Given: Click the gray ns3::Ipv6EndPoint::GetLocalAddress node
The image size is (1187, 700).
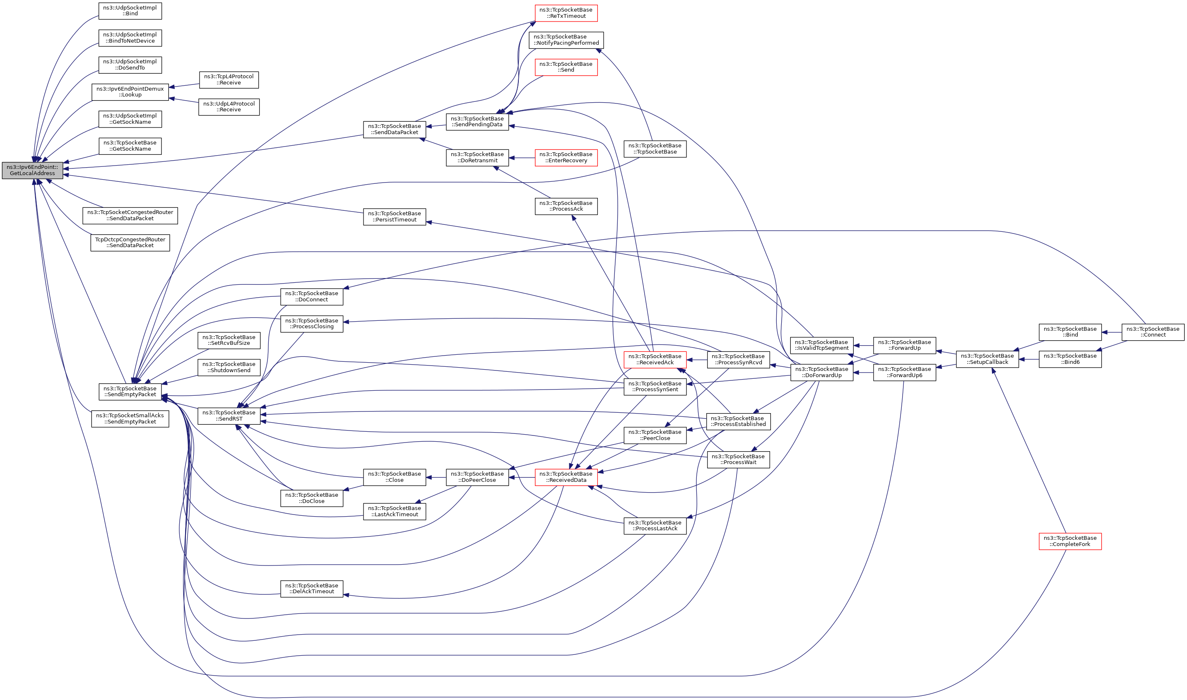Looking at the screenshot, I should click(x=32, y=170).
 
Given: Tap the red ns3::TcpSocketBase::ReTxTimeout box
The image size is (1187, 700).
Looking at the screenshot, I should click(x=566, y=13).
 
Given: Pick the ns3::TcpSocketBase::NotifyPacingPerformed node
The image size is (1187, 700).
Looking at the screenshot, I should click(x=566, y=40).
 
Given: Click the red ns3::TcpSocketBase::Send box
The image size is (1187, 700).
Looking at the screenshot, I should click(x=566, y=67).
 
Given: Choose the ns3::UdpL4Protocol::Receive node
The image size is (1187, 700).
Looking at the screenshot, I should click(x=229, y=107).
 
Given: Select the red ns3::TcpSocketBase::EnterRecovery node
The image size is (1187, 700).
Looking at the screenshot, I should click(x=566, y=158).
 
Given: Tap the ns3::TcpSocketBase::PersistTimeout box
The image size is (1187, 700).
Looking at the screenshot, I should click(x=395, y=216).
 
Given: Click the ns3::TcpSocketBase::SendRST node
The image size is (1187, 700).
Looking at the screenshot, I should click(x=229, y=416).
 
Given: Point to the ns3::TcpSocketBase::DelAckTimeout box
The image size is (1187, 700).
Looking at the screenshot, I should click(x=311, y=589).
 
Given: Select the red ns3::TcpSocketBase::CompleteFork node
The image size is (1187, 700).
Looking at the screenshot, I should click(x=1069, y=541).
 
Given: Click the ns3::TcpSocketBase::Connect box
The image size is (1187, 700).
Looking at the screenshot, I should click(x=1152, y=332).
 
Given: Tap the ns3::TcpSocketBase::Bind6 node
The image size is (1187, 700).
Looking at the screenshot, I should click(x=1069, y=359).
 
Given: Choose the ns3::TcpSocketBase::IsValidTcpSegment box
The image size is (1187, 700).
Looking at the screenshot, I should click(x=821, y=345).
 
